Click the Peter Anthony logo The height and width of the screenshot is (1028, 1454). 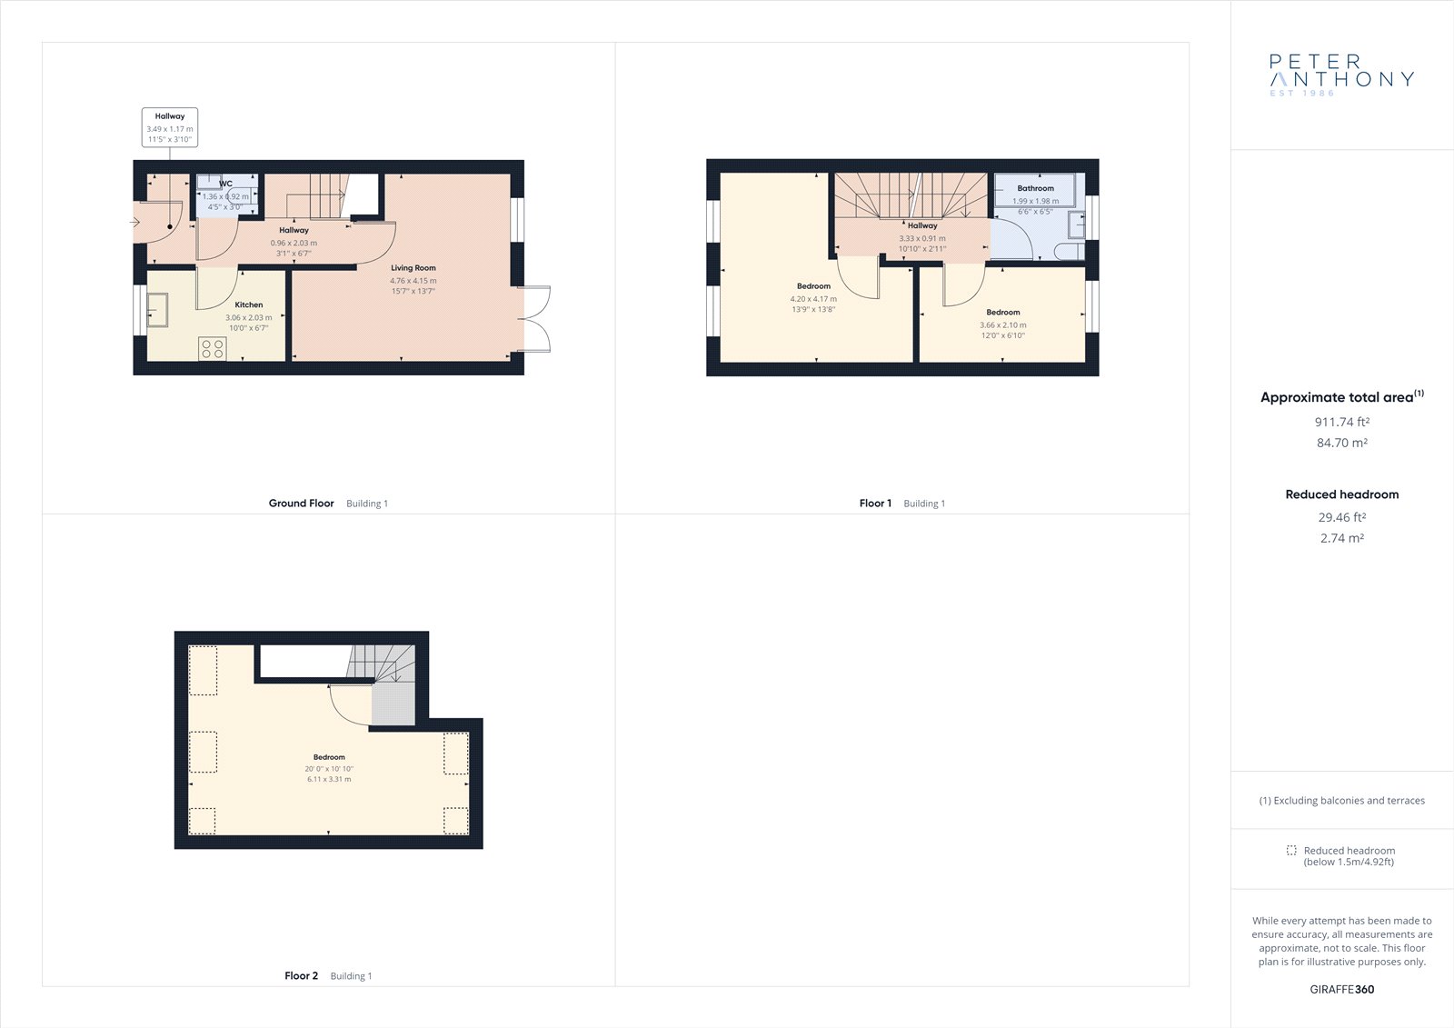(x=1341, y=75)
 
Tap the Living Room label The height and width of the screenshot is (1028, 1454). (x=413, y=267)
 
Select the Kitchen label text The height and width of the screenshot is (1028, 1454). (x=249, y=304)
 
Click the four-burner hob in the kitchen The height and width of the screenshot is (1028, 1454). (x=213, y=348)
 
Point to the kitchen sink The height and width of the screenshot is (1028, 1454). (x=157, y=310)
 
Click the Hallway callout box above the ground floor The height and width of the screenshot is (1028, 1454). (x=169, y=127)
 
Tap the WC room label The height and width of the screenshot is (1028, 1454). (x=225, y=184)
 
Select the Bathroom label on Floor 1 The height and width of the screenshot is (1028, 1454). (x=1035, y=188)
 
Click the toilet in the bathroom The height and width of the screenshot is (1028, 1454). (x=1069, y=251)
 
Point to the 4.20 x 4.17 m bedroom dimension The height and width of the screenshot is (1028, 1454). (x=813, y=299)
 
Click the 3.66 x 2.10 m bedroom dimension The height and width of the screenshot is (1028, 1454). (x=1003, y=324)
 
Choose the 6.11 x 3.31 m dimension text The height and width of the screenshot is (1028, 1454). (x=329, y=779)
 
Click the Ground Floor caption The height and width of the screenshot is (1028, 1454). (x=301, y=504)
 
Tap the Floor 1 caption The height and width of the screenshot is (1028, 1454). (x=875, y=504)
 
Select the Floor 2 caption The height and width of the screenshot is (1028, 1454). (x=301, y=975)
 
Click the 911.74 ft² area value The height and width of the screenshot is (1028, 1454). (x=1341, y=422)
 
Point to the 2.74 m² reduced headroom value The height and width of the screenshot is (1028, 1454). (x=1341, y=538)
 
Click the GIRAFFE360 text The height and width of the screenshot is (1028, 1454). (x=1341, y=989)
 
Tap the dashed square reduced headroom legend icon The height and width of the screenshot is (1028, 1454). (x=1291, y=850)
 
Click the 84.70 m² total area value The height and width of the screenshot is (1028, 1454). (x=1341, y=443)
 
